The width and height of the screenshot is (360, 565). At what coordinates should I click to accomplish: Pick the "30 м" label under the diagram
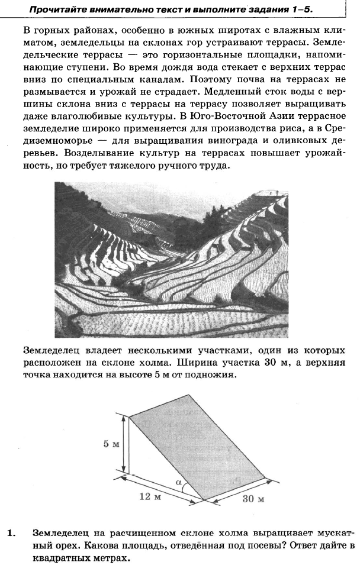(253, 499)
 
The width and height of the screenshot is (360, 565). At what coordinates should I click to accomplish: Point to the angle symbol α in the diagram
(178, 483)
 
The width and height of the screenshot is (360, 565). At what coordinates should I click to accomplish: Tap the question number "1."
(11, 532)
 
